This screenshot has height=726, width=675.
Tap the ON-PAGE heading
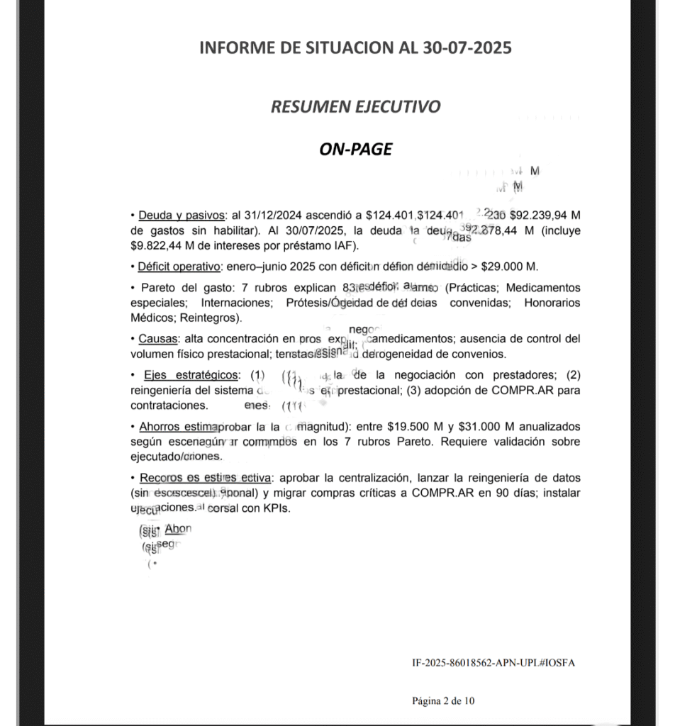tap(355, 149)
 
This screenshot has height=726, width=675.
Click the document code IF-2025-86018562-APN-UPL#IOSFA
tap(493, 663)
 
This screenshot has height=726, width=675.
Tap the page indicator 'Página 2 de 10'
tap(444, 701)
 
